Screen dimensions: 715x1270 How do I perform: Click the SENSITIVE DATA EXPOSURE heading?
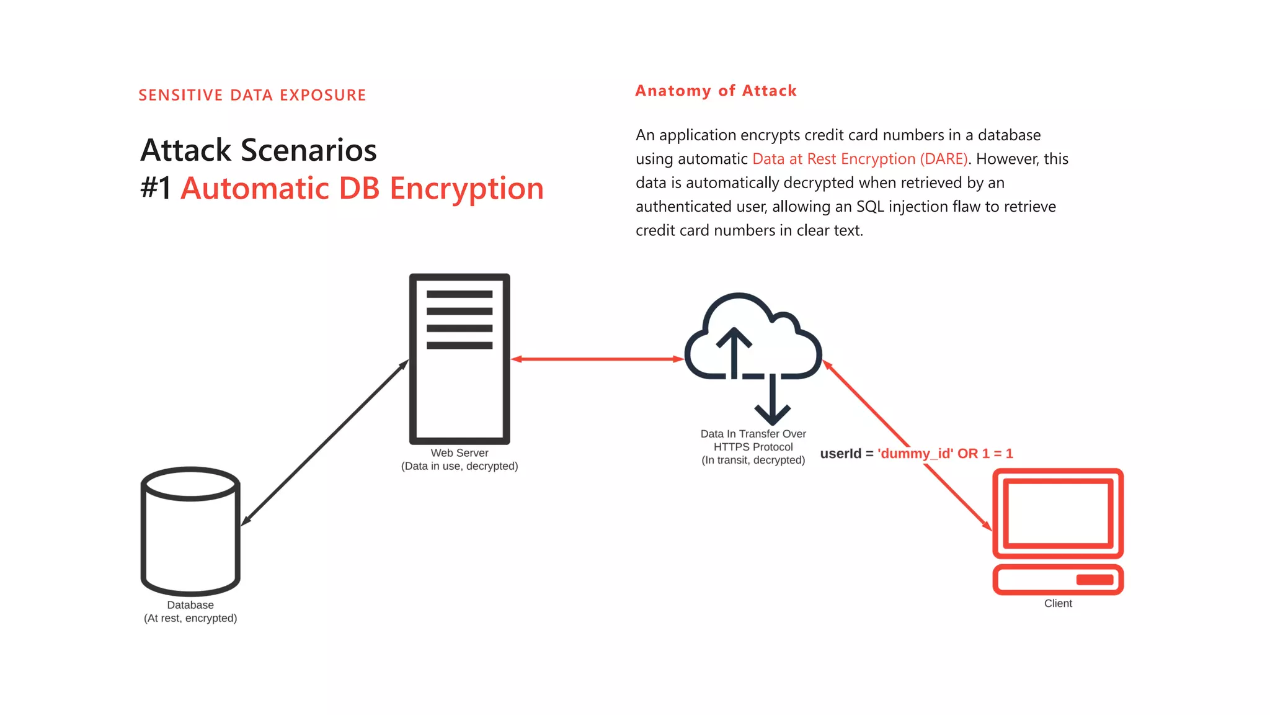coord(252,95)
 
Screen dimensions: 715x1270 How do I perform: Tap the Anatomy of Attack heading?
coord(716,91)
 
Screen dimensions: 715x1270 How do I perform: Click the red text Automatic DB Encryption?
coord(362,188)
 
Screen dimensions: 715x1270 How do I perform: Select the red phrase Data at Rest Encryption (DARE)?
coord(859,159)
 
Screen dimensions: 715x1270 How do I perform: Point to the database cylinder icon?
coord(190,531)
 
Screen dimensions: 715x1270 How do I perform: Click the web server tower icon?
coord(460,359)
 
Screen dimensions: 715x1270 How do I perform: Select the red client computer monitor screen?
coord(1057,513)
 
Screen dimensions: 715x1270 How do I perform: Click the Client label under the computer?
coord(1057,603)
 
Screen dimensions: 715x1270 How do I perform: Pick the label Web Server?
coord(460,453)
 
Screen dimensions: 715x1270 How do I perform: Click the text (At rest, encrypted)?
coord(190,618)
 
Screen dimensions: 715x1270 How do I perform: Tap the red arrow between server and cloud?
coord(597,359)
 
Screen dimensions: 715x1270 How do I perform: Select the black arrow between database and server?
coord(325,443)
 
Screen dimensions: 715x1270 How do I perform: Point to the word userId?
coord(840,454)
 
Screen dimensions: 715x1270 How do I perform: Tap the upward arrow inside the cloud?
coord(734,351)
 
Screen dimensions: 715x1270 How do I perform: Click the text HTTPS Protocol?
coord(753,447)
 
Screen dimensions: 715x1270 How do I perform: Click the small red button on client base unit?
coord(1095,580)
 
